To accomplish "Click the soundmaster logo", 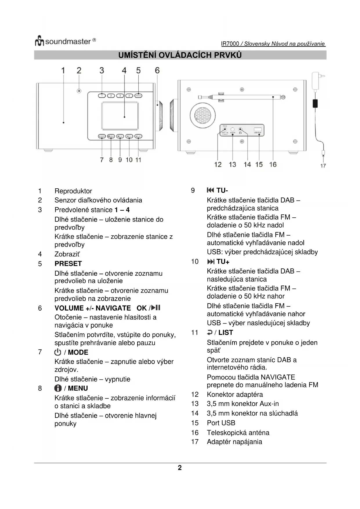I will (x=65, y=41).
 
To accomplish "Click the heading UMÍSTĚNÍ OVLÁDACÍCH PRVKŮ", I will (x=180, y=55).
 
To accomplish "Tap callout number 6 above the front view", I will (x=157, y=71).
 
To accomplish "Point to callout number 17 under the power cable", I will (x=323, y=166).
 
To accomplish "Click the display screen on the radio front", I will (x=120, y=116).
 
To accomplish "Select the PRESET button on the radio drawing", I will (x=138, y=95).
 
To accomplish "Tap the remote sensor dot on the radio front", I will (x=79, y=91).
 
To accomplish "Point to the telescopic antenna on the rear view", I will (x=241, y=97).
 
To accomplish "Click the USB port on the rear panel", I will (x=258, y=129).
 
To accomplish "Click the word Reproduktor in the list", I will (x=73, y=191).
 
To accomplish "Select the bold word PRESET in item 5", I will (x=68, y=263).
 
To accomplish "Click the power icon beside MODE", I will (x=58, y=352).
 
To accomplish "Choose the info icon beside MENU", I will (x=58, y=388).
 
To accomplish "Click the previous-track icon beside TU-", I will (x=210, y=190).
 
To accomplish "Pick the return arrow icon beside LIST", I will (x=210, y=332).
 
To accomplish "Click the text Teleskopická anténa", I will (x=238, y=433).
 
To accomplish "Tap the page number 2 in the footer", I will (x=180, y=468).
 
